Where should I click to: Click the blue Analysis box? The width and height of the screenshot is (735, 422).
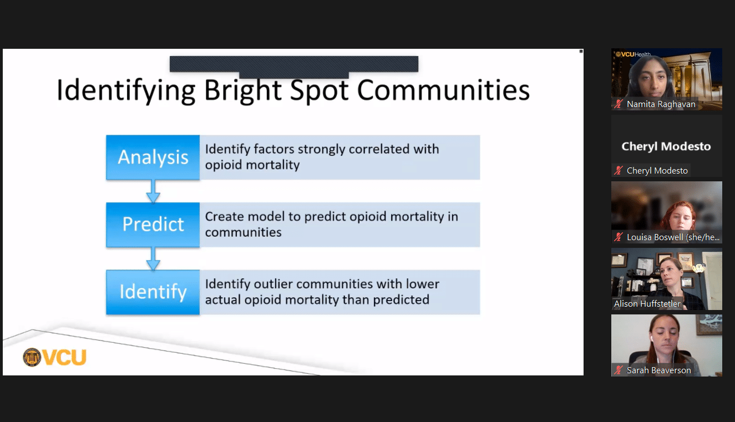point(153,157)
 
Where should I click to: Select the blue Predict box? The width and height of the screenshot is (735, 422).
point(153,225)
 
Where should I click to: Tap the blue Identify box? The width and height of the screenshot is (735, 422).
point(153,292)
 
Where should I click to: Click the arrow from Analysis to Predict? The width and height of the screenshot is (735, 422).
point(153,191)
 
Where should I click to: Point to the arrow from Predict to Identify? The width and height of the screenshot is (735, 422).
point(153,259)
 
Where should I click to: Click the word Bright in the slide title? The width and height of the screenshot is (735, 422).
point(243,91)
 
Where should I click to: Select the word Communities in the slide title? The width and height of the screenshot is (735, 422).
point(443,90)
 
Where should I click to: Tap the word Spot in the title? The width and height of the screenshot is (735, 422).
point(320,91)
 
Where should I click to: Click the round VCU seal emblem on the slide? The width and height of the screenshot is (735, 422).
point(32,357)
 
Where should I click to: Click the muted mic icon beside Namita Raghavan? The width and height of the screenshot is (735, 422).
point(619,104)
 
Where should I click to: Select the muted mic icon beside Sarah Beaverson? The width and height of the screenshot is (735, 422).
point(619,370)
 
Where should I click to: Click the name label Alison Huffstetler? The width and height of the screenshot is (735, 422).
point(647,304)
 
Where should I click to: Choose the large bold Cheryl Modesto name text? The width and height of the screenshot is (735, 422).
point(666,146)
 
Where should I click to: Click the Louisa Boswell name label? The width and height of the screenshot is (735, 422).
point(673,237)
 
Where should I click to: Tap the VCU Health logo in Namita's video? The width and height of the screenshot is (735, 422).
point(633,54)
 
